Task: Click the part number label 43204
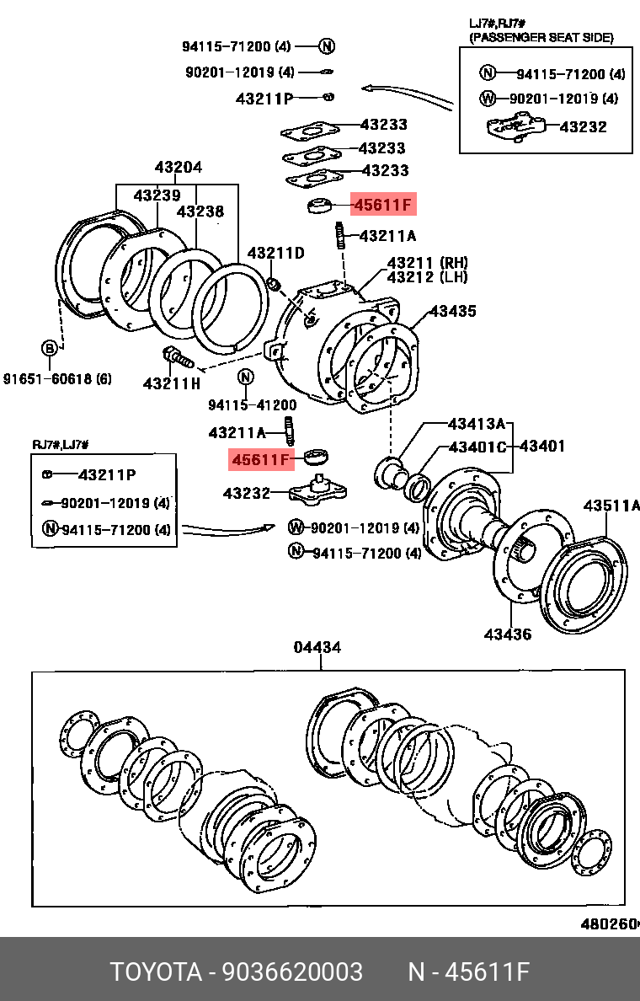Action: tap(178, 168)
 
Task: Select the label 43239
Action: tap(157, 195)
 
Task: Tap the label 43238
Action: tap(200, 211)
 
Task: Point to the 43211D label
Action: tap(275, 253)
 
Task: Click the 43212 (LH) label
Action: tap(427, 277)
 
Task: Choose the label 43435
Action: tap(452, 311)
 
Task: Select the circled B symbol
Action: tap(51, 348)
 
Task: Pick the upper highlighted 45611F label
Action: tap(383, 205)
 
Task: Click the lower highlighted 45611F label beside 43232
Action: tap(261, 459)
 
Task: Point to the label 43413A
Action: tap(476, 423)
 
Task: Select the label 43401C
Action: tap(477, 446)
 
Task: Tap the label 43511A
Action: tap(611, 506)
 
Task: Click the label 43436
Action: tap(508, 634)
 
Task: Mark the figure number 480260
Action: tap(609, 923)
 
